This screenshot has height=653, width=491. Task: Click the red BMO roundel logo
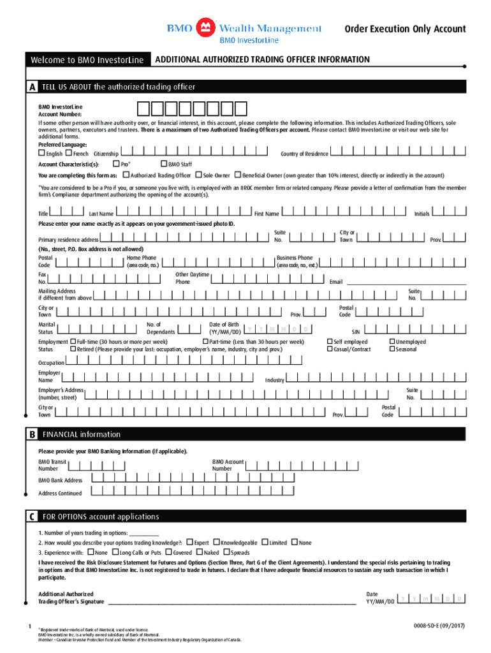(204, 27)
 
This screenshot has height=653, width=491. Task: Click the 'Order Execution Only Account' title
(405, 29)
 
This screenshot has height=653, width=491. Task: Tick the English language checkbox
(41, 154)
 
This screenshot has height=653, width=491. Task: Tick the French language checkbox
(68, 154)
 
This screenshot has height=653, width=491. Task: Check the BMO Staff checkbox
(164, 165)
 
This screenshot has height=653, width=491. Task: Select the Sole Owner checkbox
(199, 175)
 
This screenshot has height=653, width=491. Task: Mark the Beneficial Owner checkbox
(237, 175)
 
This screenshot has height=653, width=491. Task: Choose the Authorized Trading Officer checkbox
(126, 175)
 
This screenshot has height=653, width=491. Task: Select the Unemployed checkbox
(392, 342)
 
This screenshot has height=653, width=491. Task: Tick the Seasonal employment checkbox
(392, 349)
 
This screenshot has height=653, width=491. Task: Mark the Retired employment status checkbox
(73, 349)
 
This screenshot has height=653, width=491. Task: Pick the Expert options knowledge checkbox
(189, 542)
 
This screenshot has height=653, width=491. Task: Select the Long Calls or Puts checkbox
(115, 552)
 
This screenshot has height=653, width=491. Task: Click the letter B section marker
(31, 434)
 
